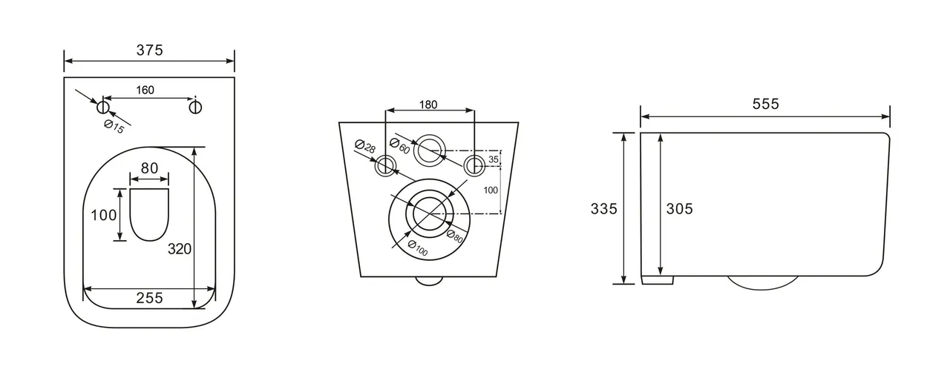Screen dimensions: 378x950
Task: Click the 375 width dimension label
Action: [149, 50]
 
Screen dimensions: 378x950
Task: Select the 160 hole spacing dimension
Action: [145, 90]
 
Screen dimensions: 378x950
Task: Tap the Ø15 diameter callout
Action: [114, 127]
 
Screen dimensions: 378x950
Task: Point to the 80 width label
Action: [149, 168]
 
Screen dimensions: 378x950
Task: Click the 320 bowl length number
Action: [179, 249]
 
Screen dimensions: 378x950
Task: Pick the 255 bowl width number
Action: [149, 299]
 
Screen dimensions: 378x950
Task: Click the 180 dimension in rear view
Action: [428, 104]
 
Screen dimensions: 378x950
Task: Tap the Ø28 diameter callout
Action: [363, 147]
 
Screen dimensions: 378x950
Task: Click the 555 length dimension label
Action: [765, 104]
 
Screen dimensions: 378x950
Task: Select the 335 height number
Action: [603, 209]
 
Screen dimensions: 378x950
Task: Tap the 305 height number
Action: [679, 209]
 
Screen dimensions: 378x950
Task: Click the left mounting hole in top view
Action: [103, 107]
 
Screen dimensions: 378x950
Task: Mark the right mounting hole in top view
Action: [195, 107]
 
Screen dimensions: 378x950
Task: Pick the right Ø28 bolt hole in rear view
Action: [474, 165]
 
